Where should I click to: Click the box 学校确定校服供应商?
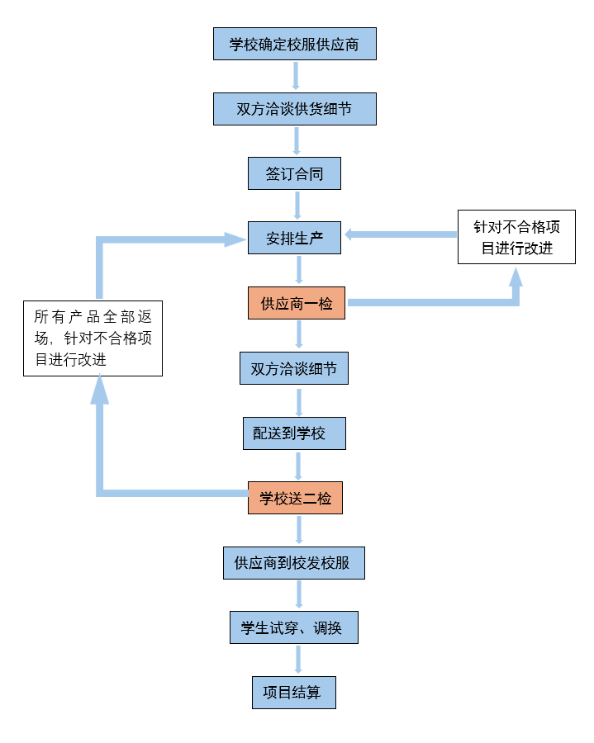pyautogui.click(x=295, y=44)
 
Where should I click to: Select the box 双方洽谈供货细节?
pyautogui.click(x=295, y=109)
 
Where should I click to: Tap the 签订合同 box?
pyautogui.click(x=295, y=174)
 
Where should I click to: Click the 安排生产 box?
pyautogui.click(x=295, y=239)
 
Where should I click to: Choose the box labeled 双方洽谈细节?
pyautogui.click(x=294, y=368)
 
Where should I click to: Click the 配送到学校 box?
pyautogui.click(x=294, y=433)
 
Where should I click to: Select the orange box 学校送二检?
pyautogui.click(x=295, y=498)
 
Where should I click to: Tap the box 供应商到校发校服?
pyautogui.click(x=294, y=563)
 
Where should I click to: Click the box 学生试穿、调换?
pyautogui.click(x=294, y=628)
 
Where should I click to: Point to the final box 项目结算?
pyautogui.click(x=294, y=693)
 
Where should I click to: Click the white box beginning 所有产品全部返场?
pyautogui.click(x=93, y=338)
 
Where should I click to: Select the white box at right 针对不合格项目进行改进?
pyautogui.click(x=516, y=237)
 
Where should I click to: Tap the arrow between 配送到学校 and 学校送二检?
pyautogui.click(x=297, y=466)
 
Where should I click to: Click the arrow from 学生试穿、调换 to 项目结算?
pyautogui.click(x=297, y=660)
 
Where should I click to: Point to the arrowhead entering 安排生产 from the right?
pyautogui.click(x=350, y=234)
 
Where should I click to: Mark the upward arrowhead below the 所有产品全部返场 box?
pyautogui.click(x=100, y=389)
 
